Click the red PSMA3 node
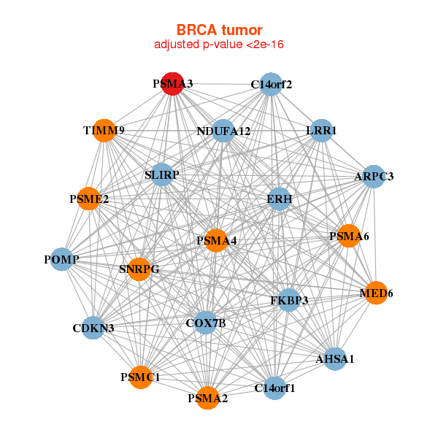(172, 84)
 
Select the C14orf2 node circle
(271, 84)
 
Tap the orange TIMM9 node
(104, 131)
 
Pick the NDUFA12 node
(223, 131)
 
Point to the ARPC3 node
(374, 176)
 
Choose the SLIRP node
(162, 175)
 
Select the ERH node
(279, 199)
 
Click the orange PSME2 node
(89, 199)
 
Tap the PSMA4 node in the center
(215, 240)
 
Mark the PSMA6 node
(349, 236)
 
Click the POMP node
(61, 259)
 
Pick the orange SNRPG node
(139, 269)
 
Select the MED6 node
(376, 293)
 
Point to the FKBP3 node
(288, 299)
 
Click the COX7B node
(206, 323)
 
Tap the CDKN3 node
(93, 328)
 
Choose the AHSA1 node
(334, 358)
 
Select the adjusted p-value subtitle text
(219, 45)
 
